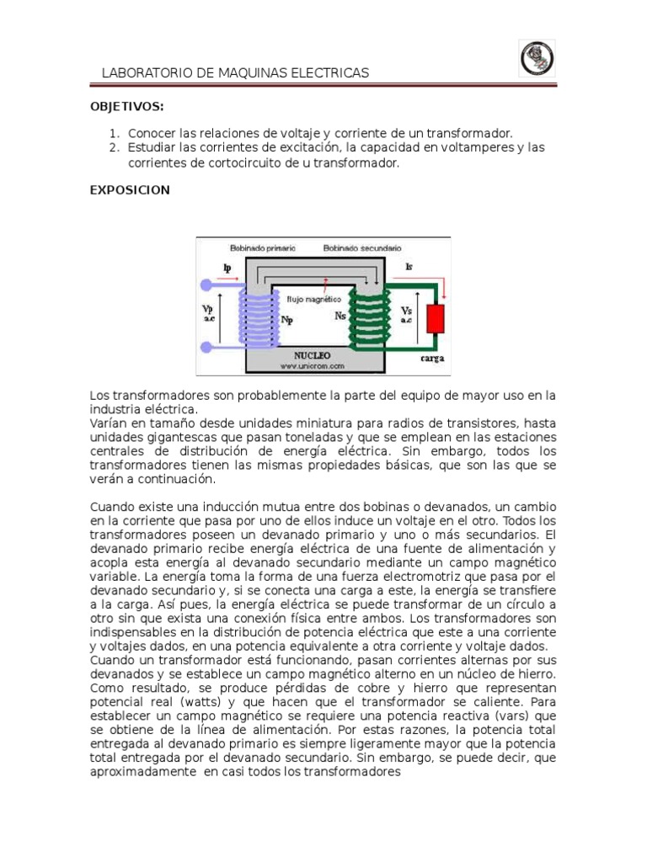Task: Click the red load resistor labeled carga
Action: click(435, 321)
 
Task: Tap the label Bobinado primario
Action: click(259, 248)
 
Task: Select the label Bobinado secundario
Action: click(362, 248)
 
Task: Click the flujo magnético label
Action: click(313, 299)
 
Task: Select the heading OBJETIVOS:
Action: click(126, 108)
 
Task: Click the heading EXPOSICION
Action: click(130, 190)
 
